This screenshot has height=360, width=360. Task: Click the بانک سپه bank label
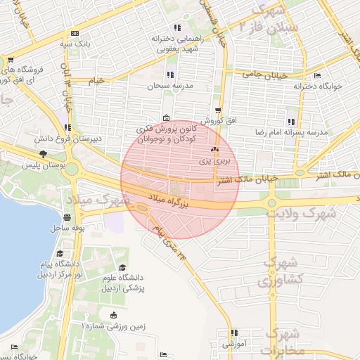tap(76, 44)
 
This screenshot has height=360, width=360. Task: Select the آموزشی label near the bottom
tap(233, 344)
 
